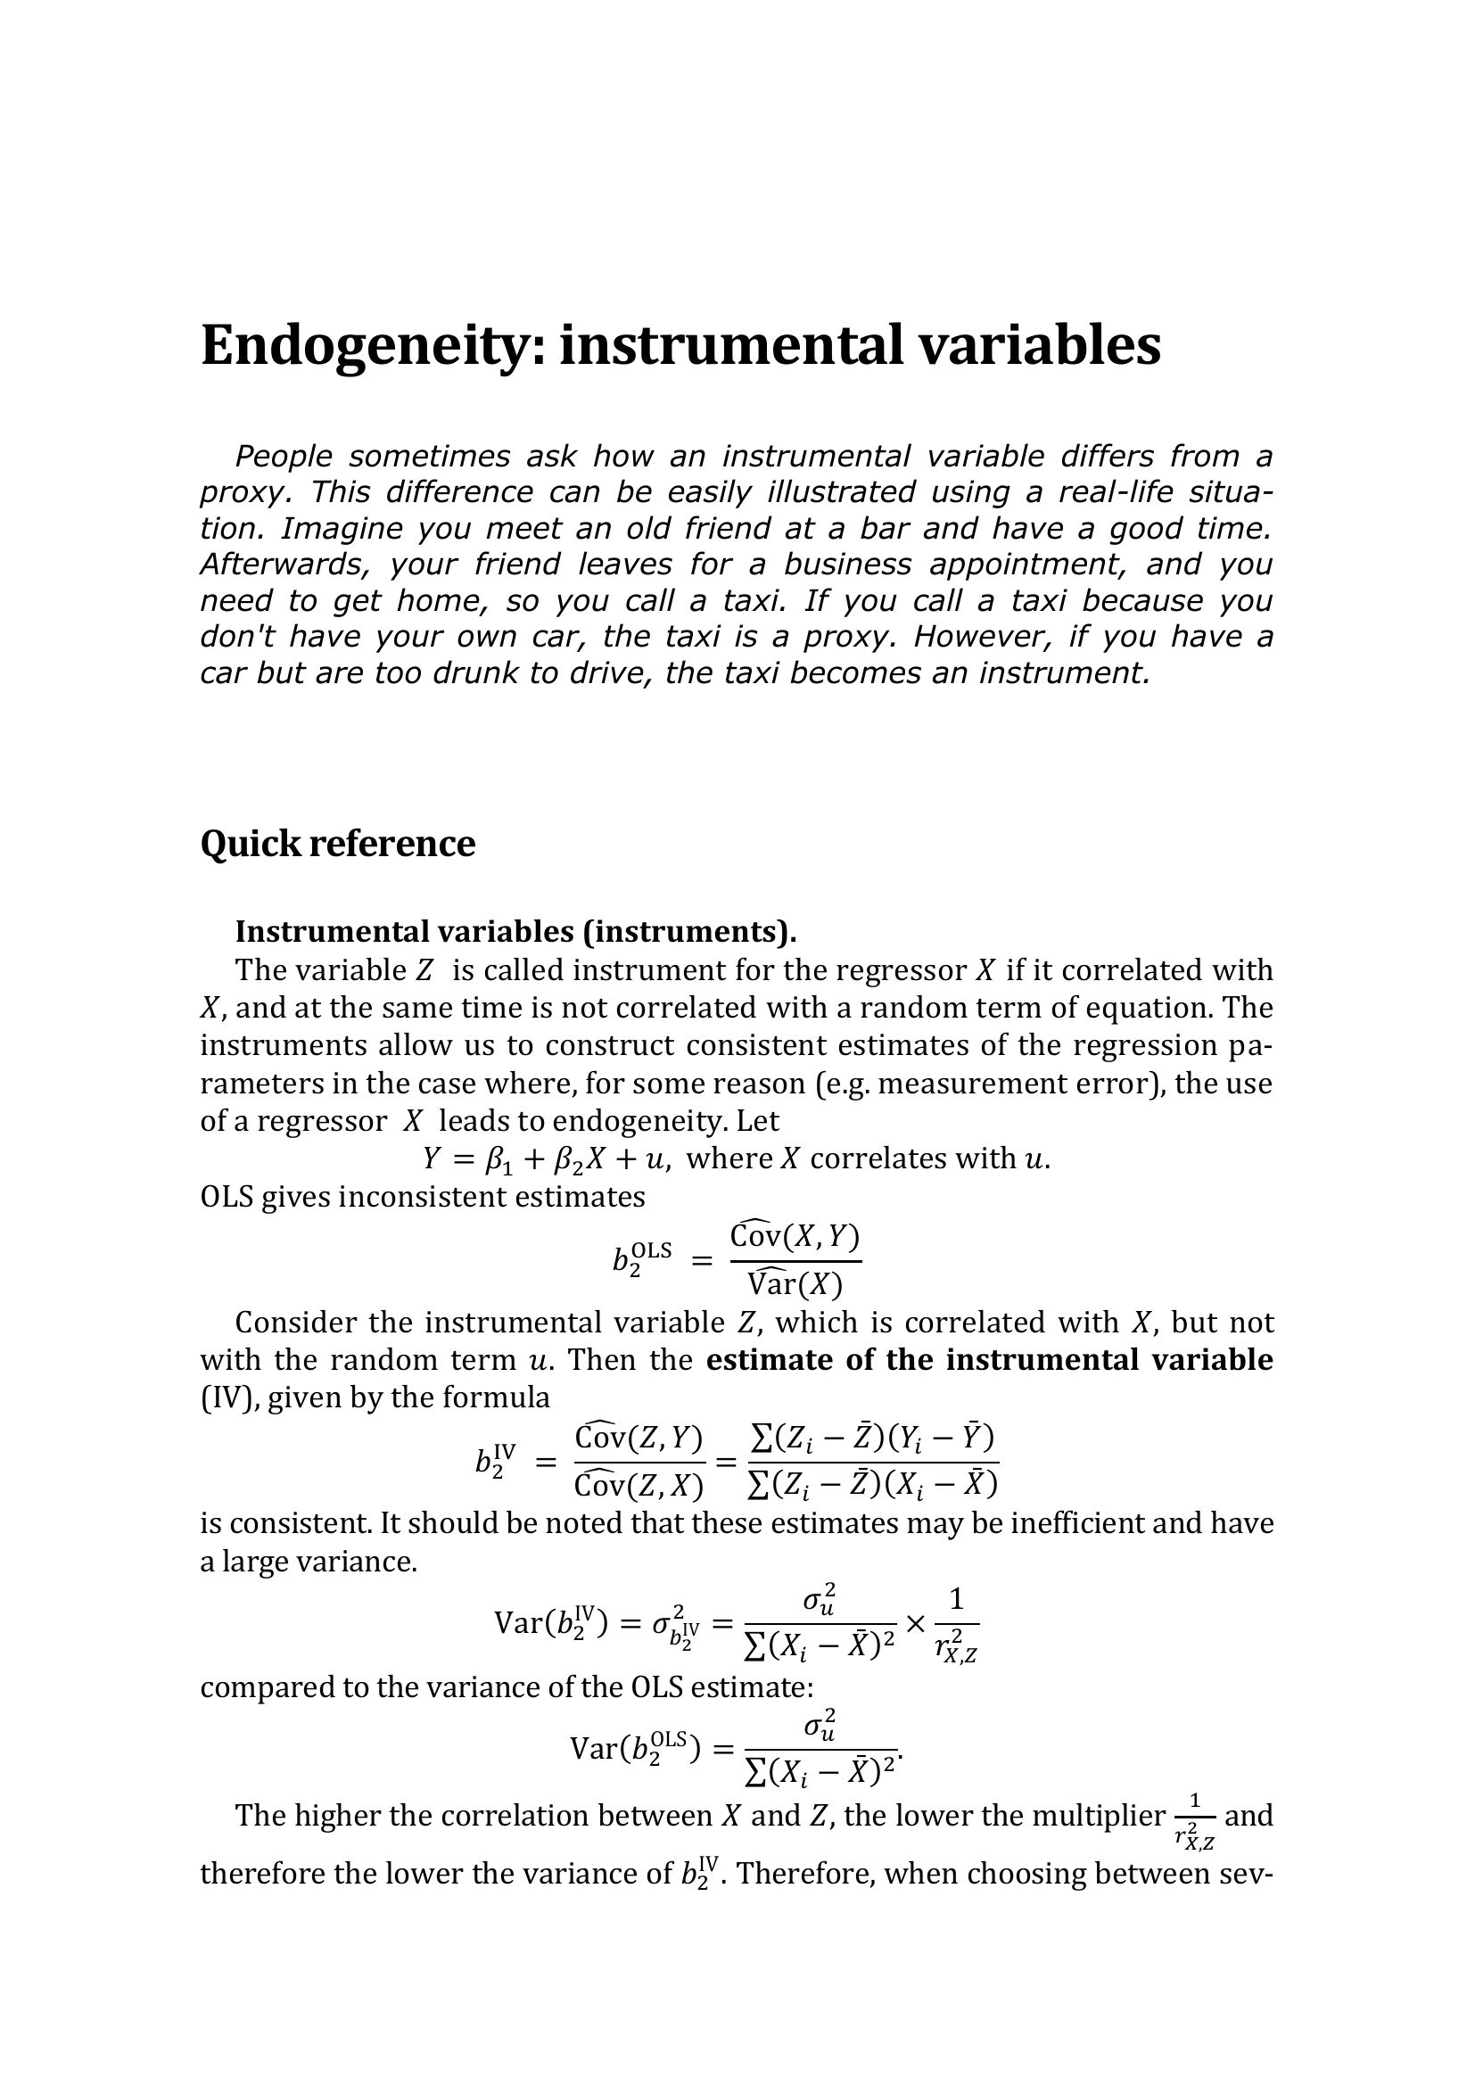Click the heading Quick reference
[x=337, y=843]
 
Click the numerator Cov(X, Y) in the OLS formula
[x=795, y=1236]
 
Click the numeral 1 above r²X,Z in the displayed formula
[x=955, y=1599]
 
